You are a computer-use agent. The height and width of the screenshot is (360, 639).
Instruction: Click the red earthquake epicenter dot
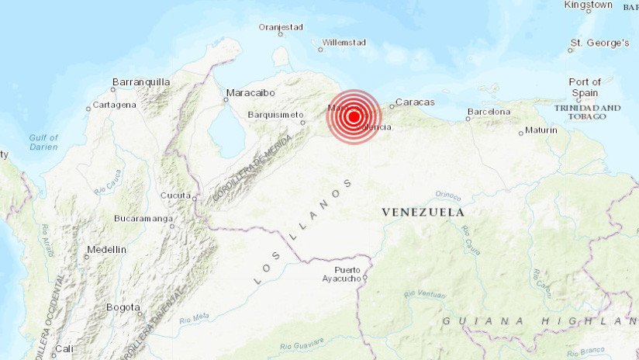click(354, 117)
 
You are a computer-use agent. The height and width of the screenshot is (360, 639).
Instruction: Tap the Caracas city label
click(416, 102)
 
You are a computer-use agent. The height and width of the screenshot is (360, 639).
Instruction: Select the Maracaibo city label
click(250, 93)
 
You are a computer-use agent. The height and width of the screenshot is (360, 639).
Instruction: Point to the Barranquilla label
click(141, 81)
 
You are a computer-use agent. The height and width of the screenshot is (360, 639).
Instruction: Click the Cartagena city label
click(115, 105)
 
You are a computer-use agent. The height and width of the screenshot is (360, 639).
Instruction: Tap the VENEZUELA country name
click(423, 212)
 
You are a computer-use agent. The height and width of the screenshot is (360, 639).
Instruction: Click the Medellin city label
click(106, 250)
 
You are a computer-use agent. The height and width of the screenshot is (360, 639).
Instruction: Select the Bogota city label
click(123, 307)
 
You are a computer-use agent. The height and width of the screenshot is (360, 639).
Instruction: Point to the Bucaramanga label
click(143, 219)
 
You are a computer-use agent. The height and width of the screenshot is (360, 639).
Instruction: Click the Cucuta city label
click(175, 196)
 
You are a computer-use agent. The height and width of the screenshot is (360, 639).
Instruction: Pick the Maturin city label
click(541, 130)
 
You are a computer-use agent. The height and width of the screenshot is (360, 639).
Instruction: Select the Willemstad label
click(343, 42)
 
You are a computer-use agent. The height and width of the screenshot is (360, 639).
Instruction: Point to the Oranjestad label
click(281, 26)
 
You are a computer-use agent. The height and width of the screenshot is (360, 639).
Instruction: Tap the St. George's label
click(599, 43)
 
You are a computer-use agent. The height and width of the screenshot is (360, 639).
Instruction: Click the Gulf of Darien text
click(44, 142)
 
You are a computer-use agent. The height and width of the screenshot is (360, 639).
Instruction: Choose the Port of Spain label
click(585, 87)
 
